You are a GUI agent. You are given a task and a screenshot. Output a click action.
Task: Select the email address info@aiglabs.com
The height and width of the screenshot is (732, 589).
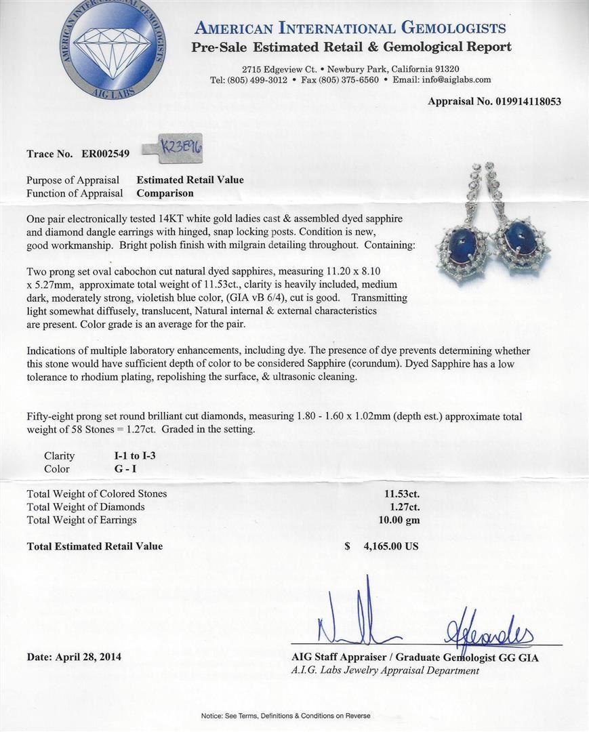tap(455, 79)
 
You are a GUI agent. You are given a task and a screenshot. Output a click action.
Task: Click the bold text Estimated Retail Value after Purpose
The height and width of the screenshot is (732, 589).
tap(190, 180)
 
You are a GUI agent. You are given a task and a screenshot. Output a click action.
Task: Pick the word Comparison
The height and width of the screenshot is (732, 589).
tap(165, 193)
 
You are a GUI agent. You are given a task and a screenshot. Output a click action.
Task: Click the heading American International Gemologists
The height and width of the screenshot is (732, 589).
tap(350, 28)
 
